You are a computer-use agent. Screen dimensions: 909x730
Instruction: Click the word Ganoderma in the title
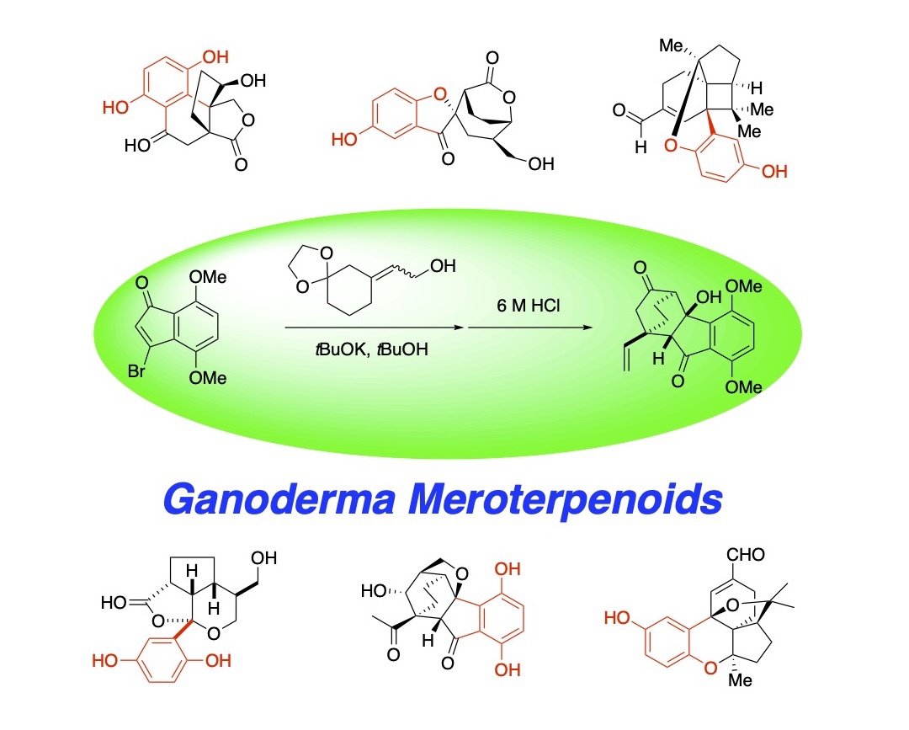click(x=279, y=498)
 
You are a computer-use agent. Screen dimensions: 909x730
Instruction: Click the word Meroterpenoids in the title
click(x=566, y=498)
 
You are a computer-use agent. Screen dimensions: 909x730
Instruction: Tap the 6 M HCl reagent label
click(x=528, y=306)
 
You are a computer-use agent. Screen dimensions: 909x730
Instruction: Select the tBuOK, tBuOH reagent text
click(x=372, y=349)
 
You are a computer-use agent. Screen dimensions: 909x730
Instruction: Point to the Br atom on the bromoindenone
click(x=136, y=370)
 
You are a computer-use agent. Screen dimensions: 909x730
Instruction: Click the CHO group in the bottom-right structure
click(x=746, y=555)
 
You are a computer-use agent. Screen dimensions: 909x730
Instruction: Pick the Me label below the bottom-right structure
click(x=740, y=680)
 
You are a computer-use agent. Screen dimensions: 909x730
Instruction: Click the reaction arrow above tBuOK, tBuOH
click(x=375, y=328)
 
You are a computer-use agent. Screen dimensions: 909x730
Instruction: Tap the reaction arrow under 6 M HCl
click(x=530, y=328)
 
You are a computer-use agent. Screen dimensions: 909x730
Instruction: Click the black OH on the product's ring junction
click(x=709, y=297)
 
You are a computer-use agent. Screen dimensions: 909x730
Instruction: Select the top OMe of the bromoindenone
click(x=208, y=277)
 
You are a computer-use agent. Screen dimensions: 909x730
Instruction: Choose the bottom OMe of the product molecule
click(x=743, y=386)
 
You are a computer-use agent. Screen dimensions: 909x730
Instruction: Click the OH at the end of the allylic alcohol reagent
click(x=443, y=266)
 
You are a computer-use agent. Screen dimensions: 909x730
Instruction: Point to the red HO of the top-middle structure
click(x=344, y=139)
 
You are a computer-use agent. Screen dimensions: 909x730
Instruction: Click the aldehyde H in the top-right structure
click(x=641, y=147)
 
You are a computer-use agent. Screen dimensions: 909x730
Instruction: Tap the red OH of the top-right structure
click(x=774, y=171)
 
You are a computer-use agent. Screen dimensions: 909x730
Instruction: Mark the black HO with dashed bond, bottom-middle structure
click(x=374, y=591)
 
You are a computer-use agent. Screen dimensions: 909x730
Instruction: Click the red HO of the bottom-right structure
click(x=617, y=617)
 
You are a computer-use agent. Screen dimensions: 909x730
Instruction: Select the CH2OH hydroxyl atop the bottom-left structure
click(x=263, y=557)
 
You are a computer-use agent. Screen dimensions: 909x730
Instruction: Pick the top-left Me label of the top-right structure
click(x=671, y=45)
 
